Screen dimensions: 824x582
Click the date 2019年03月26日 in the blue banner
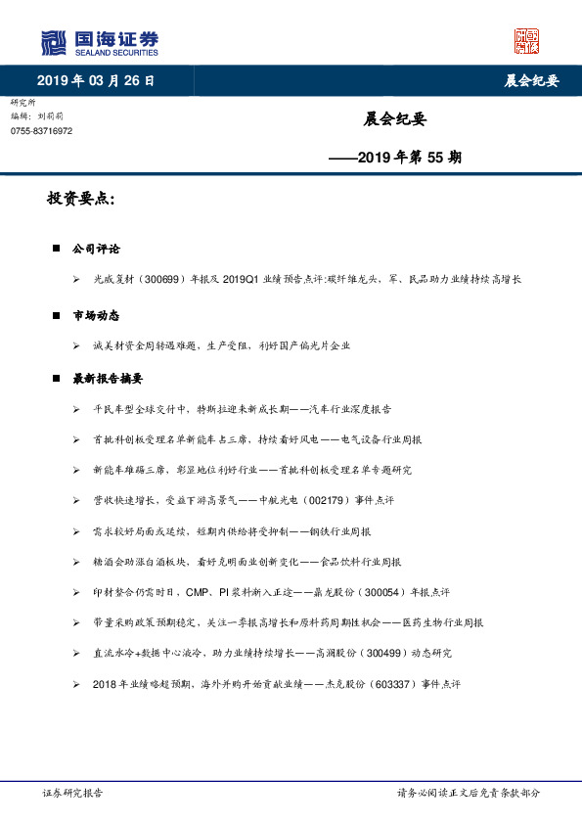(95, 80)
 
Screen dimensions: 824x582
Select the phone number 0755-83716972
(41, 130)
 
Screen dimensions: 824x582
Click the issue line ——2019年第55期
(395, 156)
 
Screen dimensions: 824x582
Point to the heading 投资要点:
(80, 200)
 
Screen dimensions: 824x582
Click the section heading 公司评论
(96, 250)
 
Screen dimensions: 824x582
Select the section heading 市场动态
(96, 315)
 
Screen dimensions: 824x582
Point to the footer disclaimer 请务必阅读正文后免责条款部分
(468, 794)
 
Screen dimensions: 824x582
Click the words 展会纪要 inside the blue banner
(523, 80)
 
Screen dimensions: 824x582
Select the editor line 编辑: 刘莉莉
(37, 115)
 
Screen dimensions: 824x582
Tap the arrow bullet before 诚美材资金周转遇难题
(76, 345)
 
